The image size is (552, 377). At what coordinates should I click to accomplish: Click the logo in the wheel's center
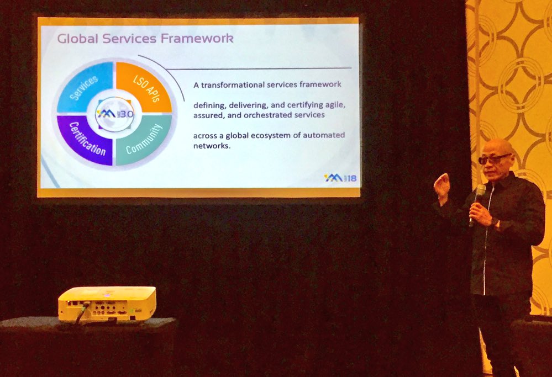point(114,113)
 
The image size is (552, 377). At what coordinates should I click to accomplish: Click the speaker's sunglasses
point(493,159)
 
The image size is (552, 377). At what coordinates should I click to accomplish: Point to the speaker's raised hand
point(442,186)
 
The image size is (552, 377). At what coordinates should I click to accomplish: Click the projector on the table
point(107,302)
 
